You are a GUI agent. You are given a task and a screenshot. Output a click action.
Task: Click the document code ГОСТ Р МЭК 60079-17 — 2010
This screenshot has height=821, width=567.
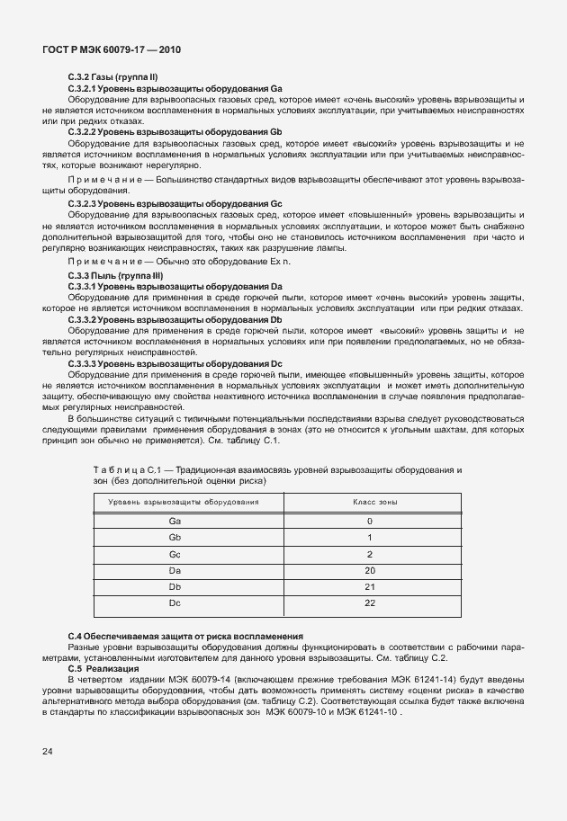(112, 50)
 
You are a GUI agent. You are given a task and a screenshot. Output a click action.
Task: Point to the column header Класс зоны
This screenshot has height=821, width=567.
(369, 502)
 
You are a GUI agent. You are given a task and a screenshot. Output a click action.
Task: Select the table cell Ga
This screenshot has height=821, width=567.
(175, 521)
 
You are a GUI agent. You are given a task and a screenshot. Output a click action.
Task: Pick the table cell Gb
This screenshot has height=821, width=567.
(175, 538)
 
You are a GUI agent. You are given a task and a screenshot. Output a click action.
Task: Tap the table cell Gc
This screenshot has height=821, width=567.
(175, 554)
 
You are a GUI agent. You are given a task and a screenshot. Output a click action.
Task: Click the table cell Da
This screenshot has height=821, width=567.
(175, 570)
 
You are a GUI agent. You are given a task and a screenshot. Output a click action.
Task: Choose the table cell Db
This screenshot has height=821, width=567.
(175, 586)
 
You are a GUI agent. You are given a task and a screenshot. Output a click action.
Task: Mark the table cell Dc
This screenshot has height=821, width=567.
(175, 602)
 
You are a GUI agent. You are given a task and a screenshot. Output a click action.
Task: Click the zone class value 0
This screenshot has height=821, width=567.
(369, 521)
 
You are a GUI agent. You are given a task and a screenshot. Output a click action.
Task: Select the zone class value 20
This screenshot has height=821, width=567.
(369, 570)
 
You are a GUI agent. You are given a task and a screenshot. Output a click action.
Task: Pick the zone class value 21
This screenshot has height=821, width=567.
(369, 586)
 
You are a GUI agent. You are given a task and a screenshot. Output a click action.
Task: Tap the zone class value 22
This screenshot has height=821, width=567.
(369, 602)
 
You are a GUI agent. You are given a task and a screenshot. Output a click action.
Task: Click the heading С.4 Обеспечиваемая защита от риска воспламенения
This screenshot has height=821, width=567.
(185, 636)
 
